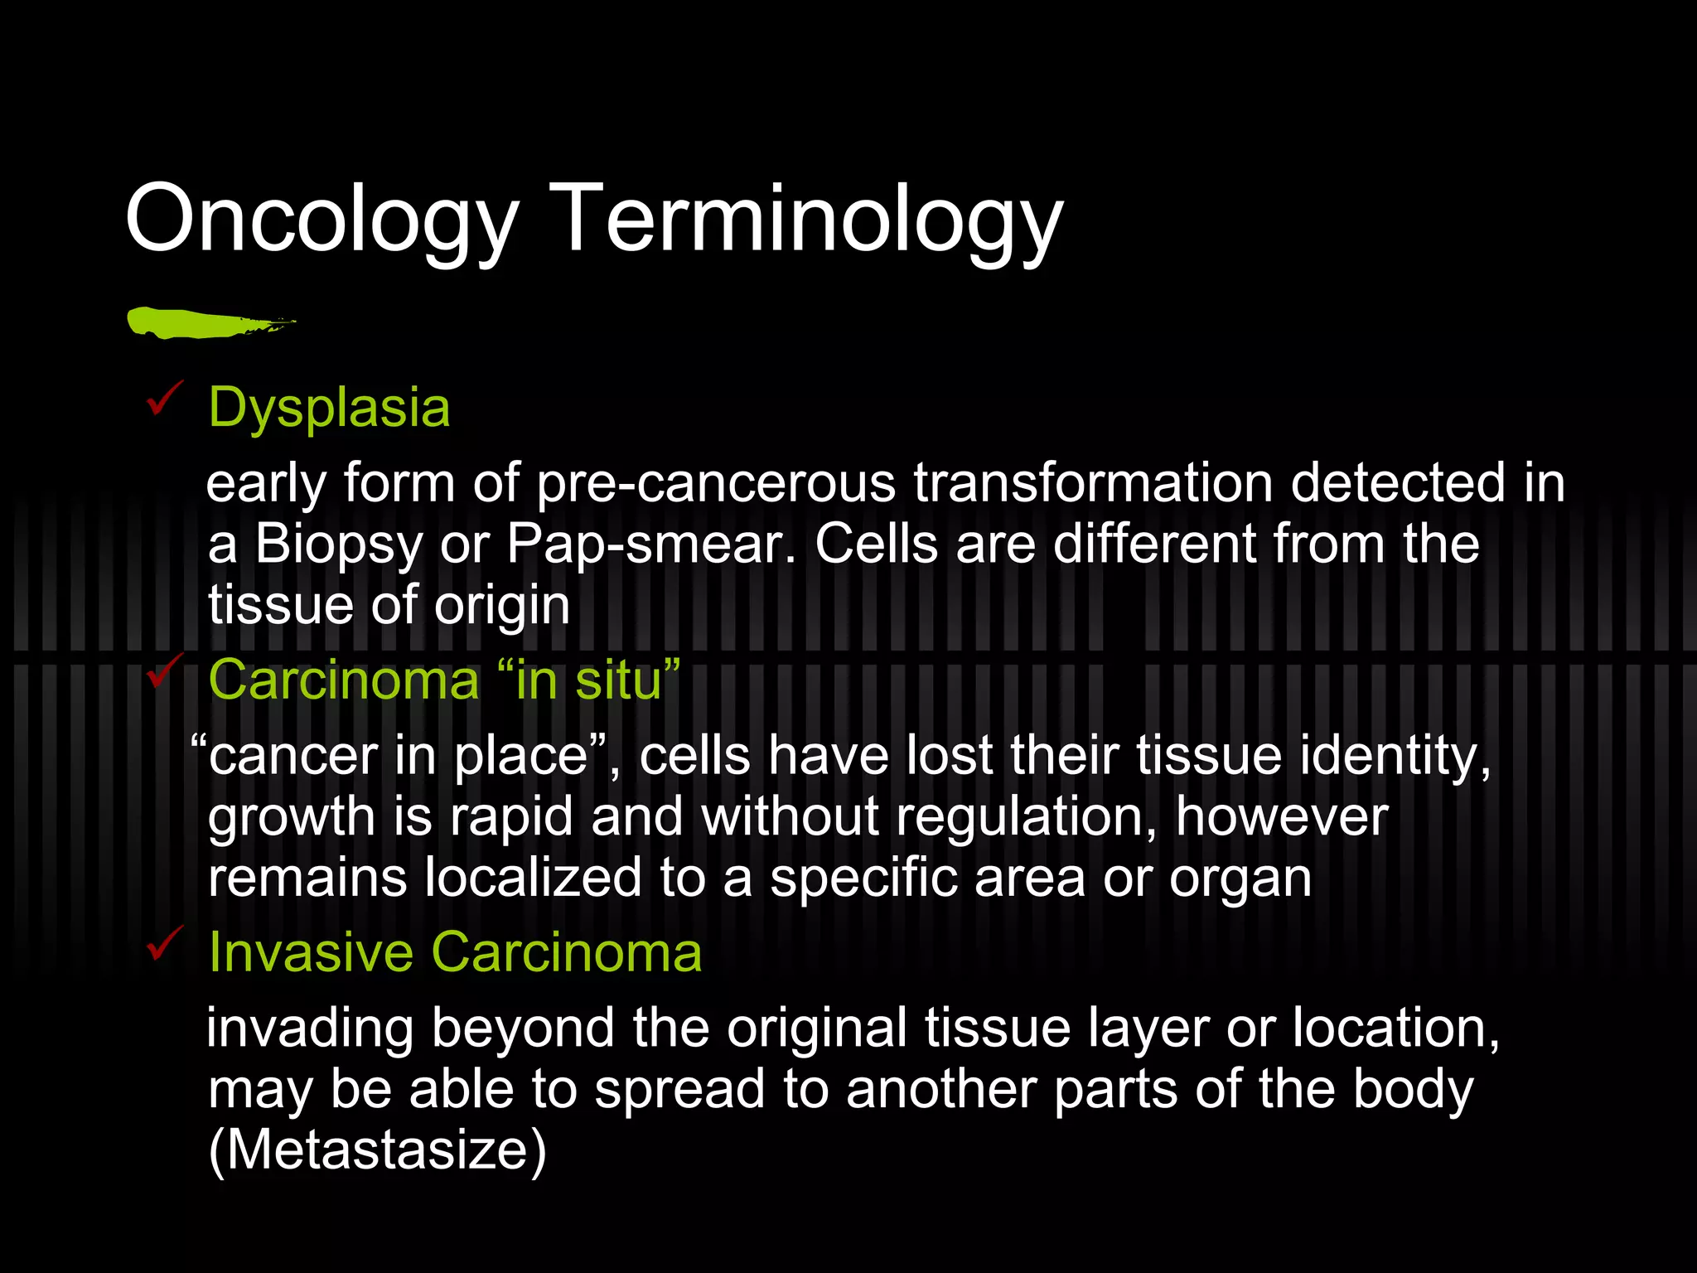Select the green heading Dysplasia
329,409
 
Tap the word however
1281,817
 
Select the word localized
533,878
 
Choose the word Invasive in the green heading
311,952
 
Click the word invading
310,1029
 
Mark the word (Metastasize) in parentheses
378,1150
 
